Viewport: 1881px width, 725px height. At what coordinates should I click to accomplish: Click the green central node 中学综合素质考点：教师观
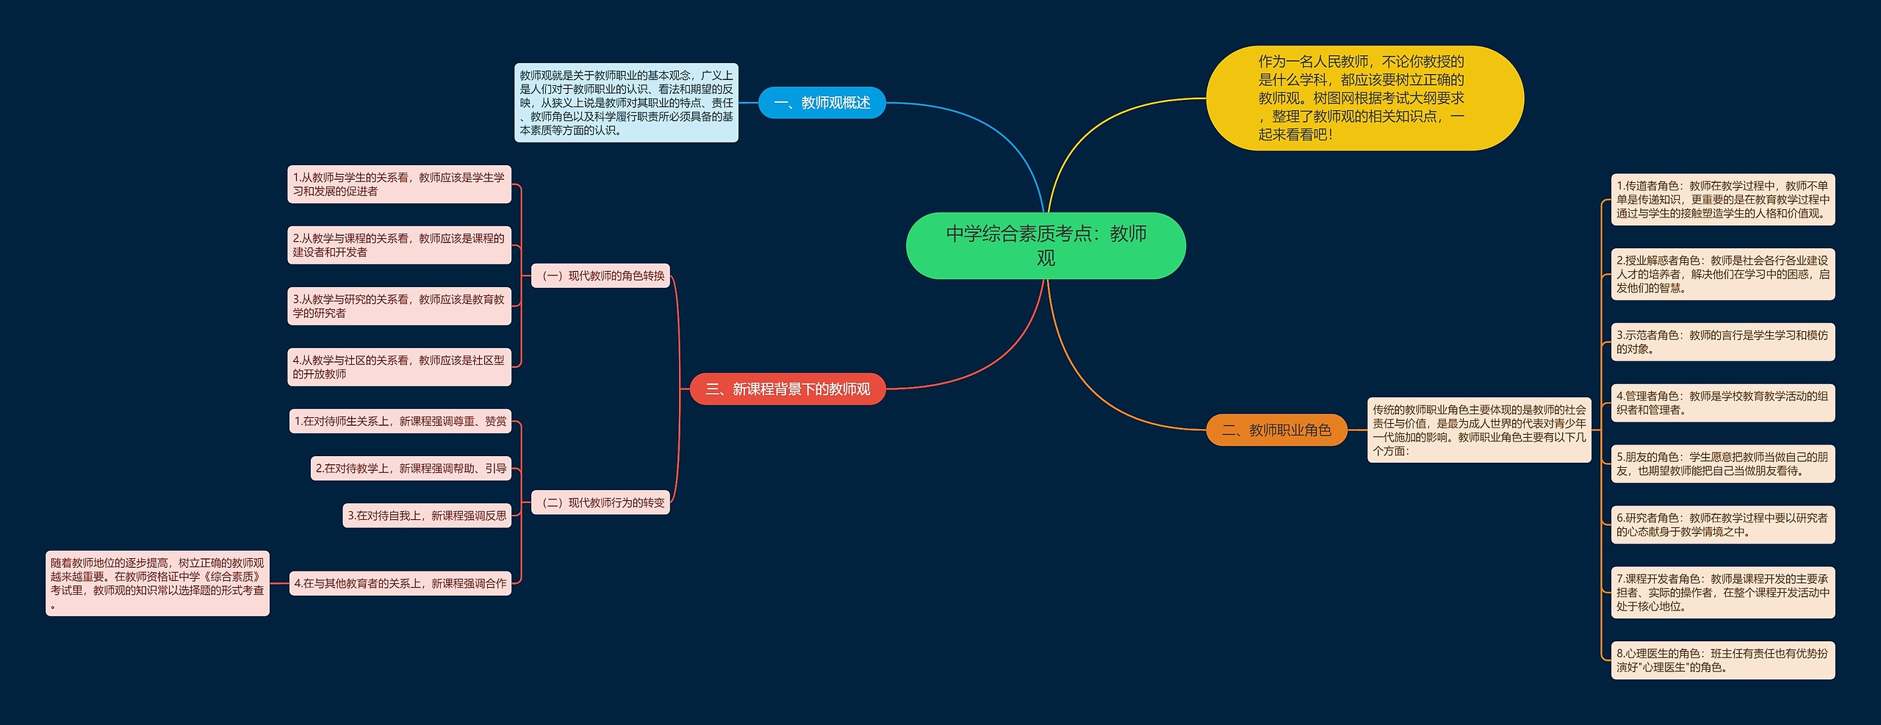[x=1046, y=245]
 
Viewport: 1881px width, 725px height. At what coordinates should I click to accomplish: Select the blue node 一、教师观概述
[x=821, y=103]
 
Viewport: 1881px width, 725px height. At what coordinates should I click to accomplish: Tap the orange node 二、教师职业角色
[x=1276, y=430]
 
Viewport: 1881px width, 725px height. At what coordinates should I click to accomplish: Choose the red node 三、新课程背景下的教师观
[x=788, y=389]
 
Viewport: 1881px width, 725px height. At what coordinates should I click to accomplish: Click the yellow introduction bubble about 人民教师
[x=1364, y=98]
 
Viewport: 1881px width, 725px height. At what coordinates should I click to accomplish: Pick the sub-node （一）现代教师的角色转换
[x=600, y=275]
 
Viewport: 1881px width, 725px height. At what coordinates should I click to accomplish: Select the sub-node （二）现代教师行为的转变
[x=600, y=502]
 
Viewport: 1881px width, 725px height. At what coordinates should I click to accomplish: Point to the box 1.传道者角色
[x=1722, y=199]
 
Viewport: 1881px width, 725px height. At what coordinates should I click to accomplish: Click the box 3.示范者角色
[x=1722, y=342]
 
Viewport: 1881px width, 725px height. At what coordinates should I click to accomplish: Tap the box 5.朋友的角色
[x=1722, y=464]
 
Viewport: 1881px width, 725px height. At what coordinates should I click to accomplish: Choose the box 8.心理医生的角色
[x=1722, y=660]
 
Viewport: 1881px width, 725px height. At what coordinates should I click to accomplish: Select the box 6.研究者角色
[x=1722, y=524]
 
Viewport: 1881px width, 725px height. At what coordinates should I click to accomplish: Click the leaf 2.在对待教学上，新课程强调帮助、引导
[x=411, y=468]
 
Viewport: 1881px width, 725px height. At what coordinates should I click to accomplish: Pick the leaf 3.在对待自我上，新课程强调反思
[x=427, y=516]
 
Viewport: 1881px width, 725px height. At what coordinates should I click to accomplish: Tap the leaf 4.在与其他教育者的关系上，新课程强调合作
[x=400, y=583]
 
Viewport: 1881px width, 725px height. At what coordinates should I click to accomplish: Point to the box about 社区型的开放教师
[x=399, y=367]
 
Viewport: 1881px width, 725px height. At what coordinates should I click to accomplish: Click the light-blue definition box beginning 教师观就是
[x=626, y=102]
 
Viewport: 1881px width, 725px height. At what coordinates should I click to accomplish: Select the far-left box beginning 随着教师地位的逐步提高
[x=157, y=583]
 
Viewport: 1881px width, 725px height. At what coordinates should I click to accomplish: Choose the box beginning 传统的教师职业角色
[x=1478, y=430]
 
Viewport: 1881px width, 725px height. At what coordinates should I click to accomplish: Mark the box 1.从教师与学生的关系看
[x=399, y=184]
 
